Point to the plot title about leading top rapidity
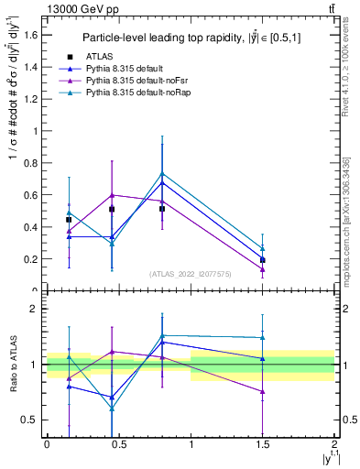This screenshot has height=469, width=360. tap(191, 38)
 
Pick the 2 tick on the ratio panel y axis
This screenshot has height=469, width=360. tap(35, 309)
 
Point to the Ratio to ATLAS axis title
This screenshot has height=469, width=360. tap(12, 365)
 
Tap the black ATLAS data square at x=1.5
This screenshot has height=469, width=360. tap(263, 260)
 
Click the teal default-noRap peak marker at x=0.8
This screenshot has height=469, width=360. tap(162, 173)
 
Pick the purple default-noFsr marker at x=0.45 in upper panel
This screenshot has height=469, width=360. tap(112, 195)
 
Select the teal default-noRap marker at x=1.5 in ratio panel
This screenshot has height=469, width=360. tap(263, 338)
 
